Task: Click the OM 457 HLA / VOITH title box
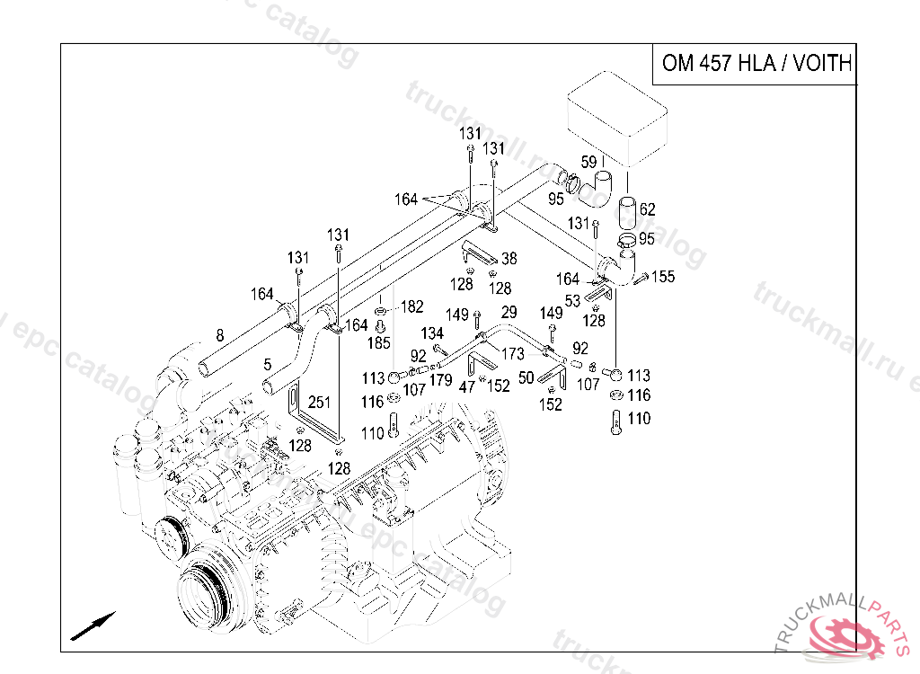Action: point(755,64)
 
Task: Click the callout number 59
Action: point(588,163)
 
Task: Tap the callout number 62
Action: point(647,209)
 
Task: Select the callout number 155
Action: point(663,277)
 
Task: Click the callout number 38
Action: point(509,259)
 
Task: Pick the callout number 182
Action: point(411,306)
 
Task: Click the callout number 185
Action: point(378,342)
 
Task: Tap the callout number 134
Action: point(433,334)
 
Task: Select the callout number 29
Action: point(509,312)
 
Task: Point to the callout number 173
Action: point(513,354)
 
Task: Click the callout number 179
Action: point(440,380)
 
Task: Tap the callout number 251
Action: point(319,402)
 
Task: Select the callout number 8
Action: point(218,336)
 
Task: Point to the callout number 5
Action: point(268,365)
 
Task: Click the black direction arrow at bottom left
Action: point(93,625)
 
